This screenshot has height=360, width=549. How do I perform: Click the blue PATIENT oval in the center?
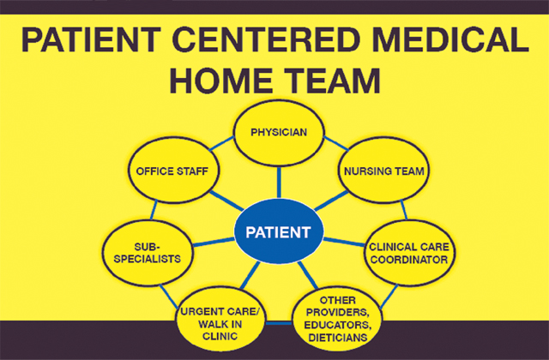pyautogui.click(x=279, y=232)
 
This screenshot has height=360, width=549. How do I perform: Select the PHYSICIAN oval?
pyautogui.click(x=278, y=134)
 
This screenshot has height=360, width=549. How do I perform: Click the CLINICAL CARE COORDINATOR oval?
pyautogui.click(x=409, y=252)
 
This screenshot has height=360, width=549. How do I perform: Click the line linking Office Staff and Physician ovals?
pyautogui.click(x=217, y=146)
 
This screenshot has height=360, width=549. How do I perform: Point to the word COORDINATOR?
pyautogui.click(x=409, y=260)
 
